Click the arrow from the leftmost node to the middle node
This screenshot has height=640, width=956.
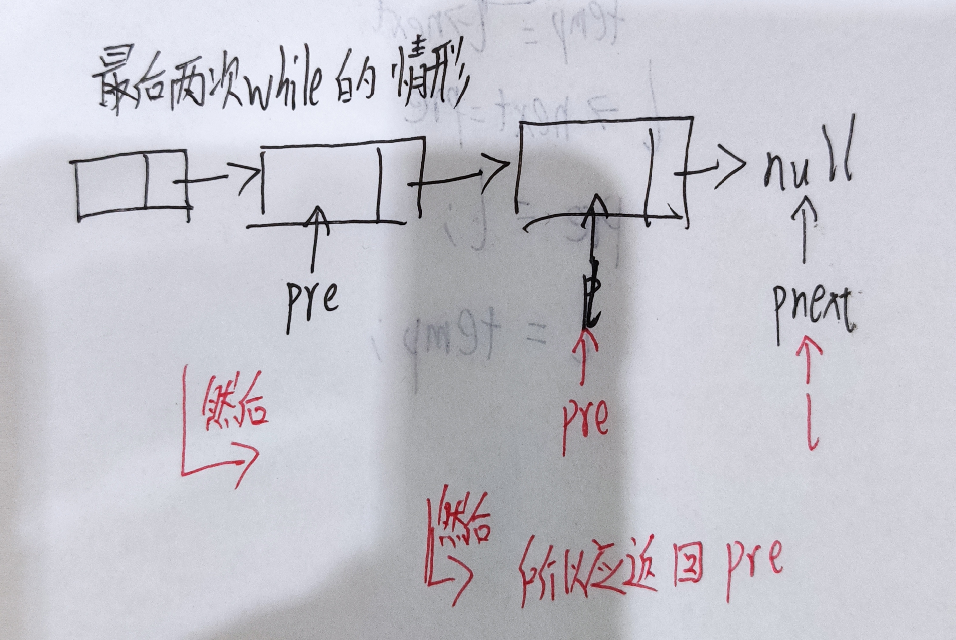point(220,178)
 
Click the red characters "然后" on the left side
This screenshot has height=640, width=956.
point(235,408)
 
